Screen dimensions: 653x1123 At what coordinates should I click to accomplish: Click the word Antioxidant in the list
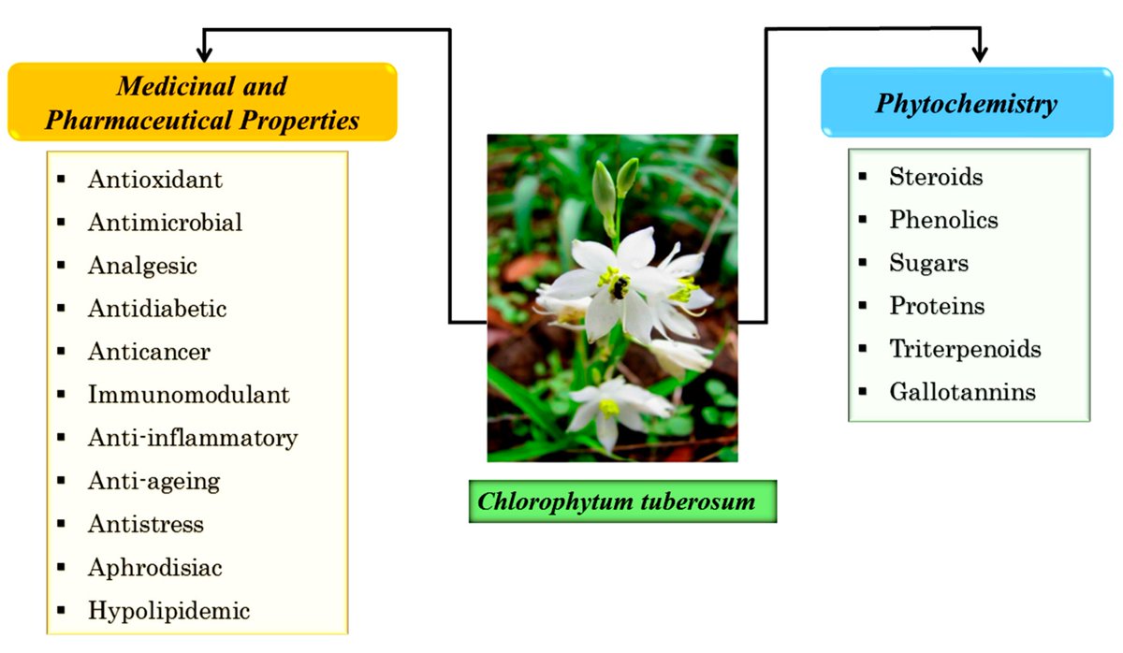coord(154,179)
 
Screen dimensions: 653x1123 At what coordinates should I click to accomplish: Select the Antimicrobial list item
coord(165,223)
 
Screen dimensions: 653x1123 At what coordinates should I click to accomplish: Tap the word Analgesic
coord(142,266)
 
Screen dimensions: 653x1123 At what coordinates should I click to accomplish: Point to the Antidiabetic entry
coord(157,308)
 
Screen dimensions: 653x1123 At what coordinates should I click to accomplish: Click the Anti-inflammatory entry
coord(192,438)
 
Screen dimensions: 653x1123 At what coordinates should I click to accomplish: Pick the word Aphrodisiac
coord(154,568)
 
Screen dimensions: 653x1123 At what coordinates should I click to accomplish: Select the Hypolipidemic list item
coord(168,612)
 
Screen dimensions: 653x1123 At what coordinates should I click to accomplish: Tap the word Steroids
coord(936,177)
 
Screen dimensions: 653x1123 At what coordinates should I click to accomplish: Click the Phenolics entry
coord(943,220)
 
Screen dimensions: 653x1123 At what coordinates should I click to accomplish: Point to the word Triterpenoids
coord(965,349)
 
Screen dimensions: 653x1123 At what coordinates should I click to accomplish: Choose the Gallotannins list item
coord(962,392)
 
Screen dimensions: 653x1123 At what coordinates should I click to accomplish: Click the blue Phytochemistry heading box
coord(966,103)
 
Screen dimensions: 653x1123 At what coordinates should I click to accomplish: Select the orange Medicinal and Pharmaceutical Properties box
coord(202,103)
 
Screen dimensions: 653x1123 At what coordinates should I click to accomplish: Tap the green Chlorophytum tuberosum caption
coord(617,501)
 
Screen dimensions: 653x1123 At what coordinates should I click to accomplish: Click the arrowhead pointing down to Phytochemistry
coord(980,55)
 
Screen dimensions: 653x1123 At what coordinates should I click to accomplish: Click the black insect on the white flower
coord(619,287)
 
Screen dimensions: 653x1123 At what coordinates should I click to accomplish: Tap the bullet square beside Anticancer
coord(62,352)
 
